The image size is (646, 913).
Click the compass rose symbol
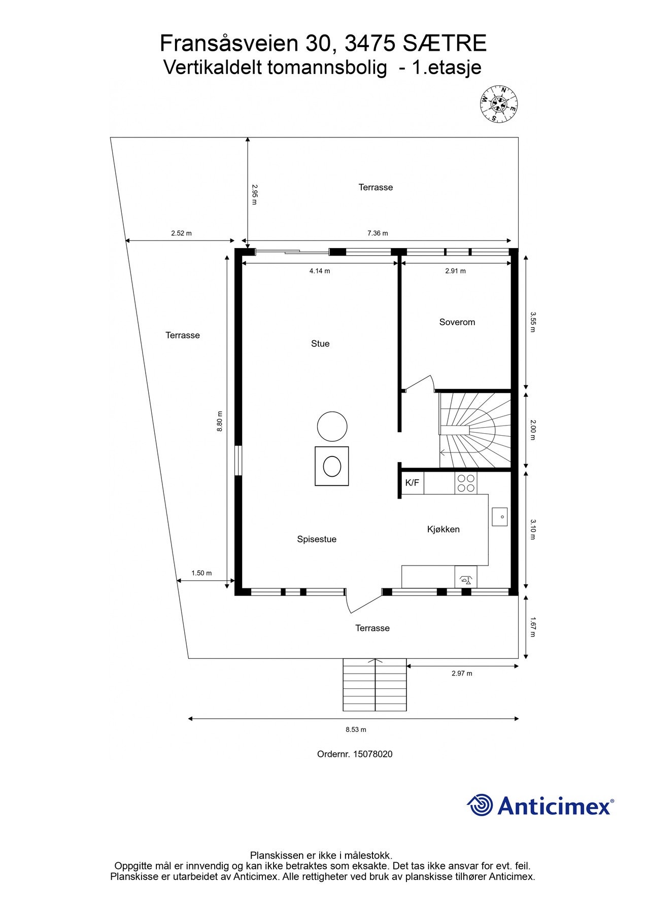coord(498,104)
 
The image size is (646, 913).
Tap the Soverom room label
coord(457,322)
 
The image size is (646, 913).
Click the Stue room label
coord(320,344)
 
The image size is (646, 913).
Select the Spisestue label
coord(317,539)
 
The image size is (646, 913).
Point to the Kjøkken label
coord(443,530)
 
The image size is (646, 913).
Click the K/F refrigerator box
coord(413,483)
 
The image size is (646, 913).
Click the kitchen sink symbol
coord(500,517)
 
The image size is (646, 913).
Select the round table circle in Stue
coord(332,426)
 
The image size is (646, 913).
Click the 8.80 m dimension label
coord(220,421)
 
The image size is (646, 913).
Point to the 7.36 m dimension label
coord(378,233)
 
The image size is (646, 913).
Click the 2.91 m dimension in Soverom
coord(455,271)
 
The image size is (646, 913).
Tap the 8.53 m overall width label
coord(356,729)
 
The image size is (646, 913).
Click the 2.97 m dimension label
coord(462,674)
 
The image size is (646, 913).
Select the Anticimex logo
coord(540,805)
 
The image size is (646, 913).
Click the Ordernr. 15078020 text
coord(355,754)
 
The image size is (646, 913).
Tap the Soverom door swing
coord(420,383)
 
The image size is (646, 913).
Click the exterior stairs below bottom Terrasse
coord(375,685)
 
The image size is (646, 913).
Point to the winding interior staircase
coord(474,430)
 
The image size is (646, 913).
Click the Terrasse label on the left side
coord(183,335)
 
